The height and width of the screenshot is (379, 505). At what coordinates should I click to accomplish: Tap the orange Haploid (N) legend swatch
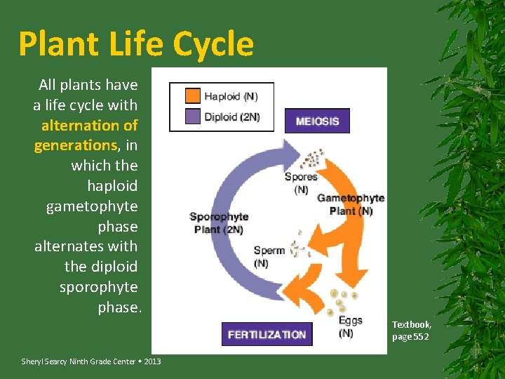(x=192, y=96)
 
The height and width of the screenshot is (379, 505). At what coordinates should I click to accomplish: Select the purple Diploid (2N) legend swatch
(x=192, y=117)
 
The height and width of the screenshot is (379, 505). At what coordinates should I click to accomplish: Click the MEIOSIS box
(x=317, y=121)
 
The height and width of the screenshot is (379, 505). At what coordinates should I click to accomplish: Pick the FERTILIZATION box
(x=267, y=334)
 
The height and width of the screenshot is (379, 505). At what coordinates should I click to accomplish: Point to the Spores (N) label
(x=301, y=183)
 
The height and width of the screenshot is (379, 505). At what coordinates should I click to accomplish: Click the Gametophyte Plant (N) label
(x=351, y=204)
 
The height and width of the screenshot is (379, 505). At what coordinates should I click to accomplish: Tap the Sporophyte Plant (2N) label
(x=218, y=223)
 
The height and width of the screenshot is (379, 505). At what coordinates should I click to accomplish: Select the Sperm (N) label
(x=269, y=257)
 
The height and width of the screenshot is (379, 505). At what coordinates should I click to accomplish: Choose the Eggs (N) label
(x=351, y=326)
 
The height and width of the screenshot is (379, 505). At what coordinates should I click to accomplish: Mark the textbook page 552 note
(x=412, y=331)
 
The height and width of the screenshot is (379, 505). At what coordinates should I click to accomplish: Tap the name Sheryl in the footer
(x=32, y=361)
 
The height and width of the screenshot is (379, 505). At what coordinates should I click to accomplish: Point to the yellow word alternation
(x=89, y=126)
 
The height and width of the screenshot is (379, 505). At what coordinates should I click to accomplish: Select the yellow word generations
(x=75, y=145)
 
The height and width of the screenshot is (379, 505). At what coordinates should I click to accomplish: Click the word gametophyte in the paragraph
(x=92, y=206)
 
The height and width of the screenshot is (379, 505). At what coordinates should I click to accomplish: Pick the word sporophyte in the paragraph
(x=98, y=287)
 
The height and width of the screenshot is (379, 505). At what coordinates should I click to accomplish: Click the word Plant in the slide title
(x=58, y=44)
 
